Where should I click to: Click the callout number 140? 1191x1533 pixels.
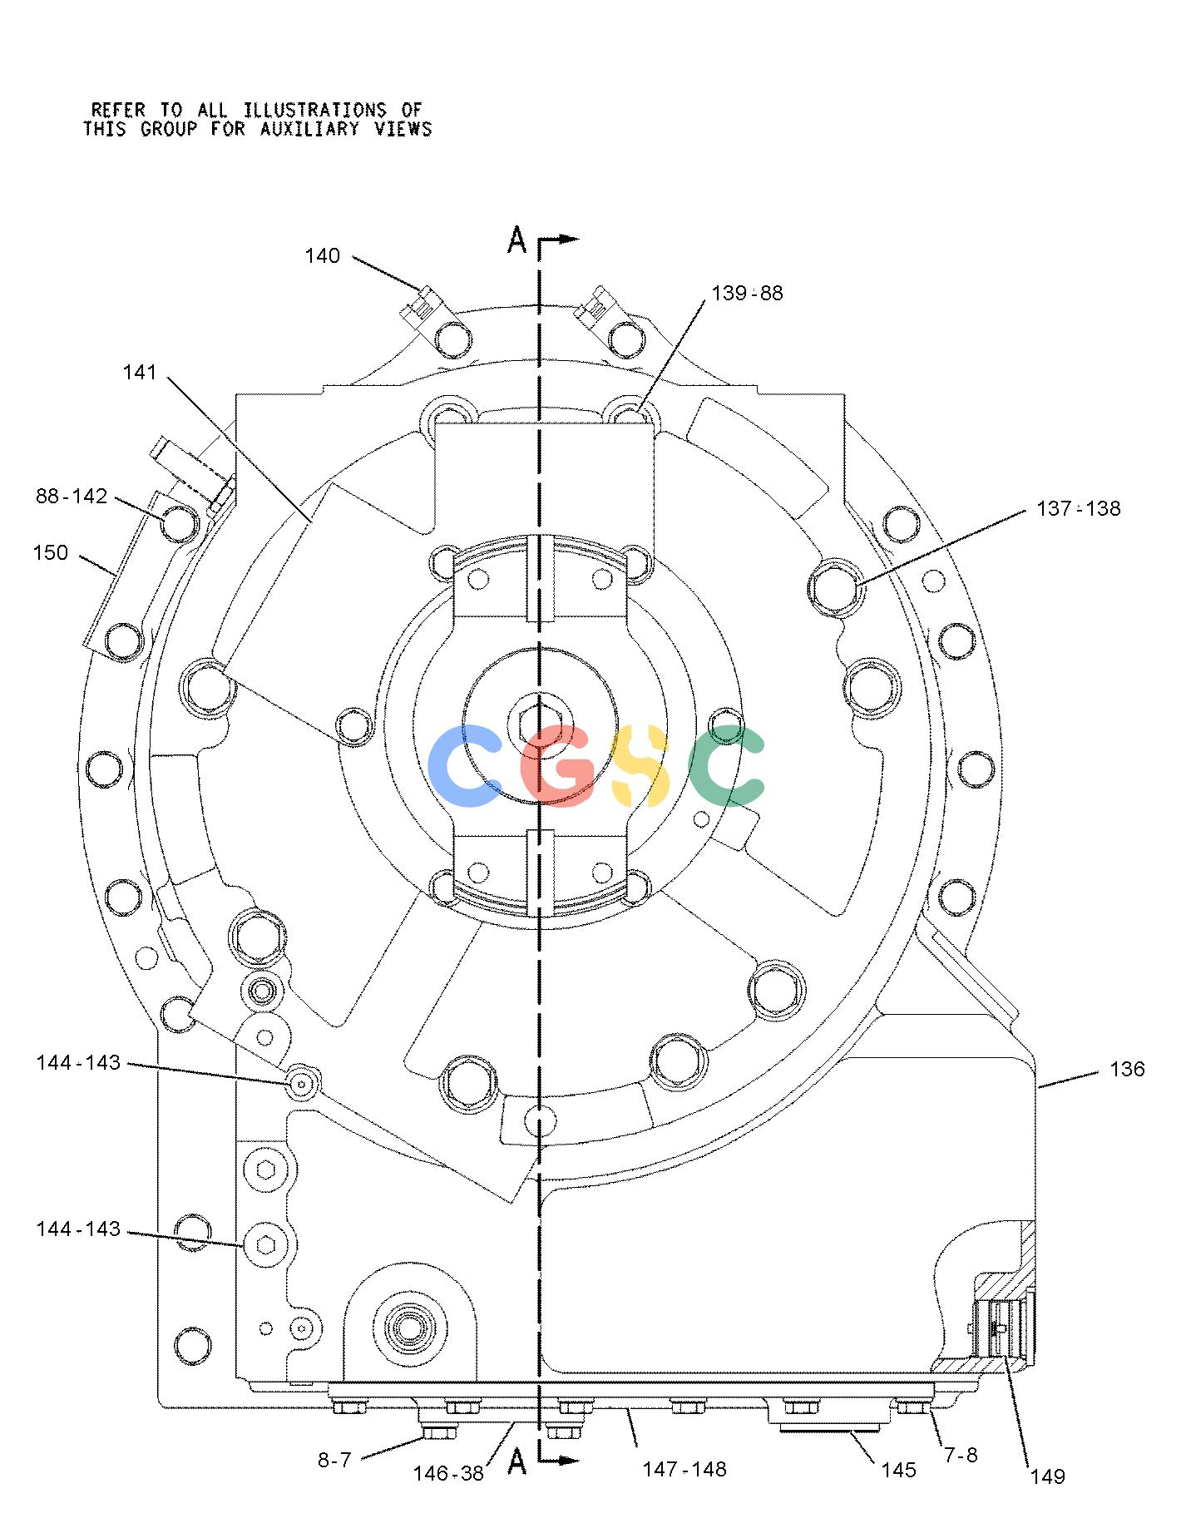point(322,256)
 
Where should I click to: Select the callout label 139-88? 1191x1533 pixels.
point(747,294)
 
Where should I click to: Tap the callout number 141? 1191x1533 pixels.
point(140,373)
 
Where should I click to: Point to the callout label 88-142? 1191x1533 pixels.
point(72,497)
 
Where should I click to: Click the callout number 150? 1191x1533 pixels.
point(51,553)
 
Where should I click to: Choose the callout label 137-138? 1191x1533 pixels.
point(1078,508)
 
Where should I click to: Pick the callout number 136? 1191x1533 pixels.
point(1127,1069)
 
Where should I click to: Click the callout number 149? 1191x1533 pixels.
point(1047,1476)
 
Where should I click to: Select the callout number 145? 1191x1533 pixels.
point(898,1470)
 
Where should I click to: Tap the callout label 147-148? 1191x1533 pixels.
point(684,1469)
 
